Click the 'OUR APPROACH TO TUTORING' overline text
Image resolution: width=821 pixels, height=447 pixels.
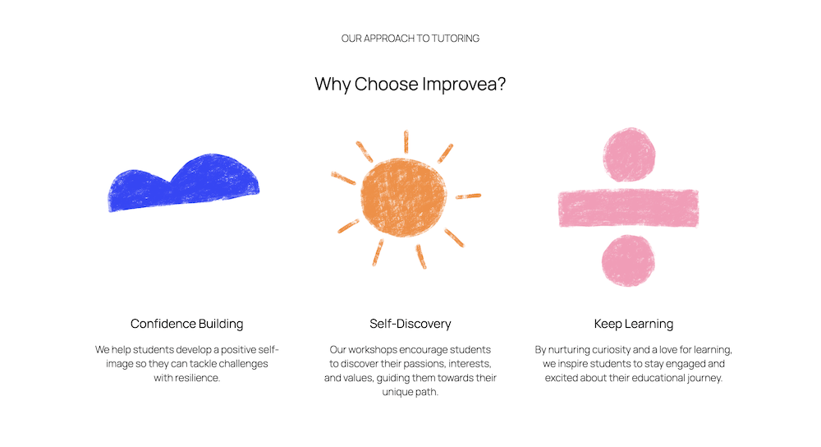410,39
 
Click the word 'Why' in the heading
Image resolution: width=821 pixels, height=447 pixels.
333,85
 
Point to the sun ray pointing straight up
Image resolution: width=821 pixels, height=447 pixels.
406,142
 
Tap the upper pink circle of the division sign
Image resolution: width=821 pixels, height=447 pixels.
629,154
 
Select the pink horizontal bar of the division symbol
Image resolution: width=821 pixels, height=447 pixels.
628,208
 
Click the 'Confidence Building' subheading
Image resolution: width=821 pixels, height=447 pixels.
186,324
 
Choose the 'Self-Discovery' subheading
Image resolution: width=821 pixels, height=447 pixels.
410,324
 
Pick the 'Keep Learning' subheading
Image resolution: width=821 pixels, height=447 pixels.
633,324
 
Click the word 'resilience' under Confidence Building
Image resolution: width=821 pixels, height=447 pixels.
196,378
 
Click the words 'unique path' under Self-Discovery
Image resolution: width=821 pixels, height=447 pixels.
410,392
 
